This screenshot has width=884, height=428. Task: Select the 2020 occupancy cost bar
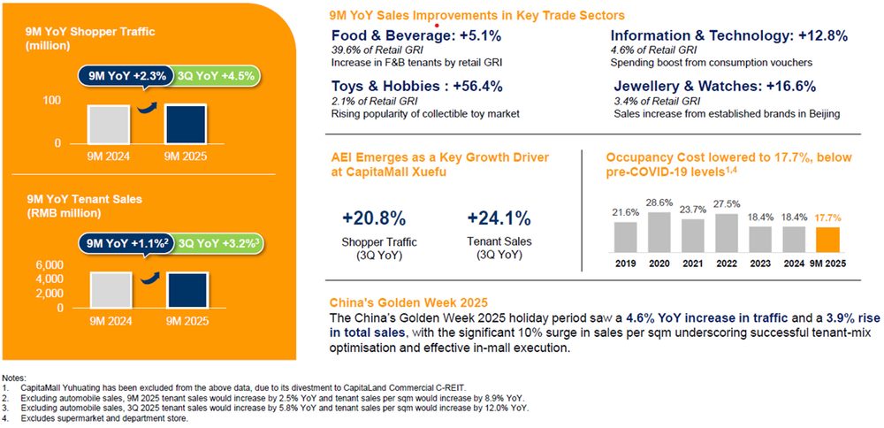click(x=659, y=232)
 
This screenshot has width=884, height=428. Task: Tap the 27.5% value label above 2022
click(x=727, y=203)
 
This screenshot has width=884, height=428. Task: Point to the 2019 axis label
click(x=625, y=264)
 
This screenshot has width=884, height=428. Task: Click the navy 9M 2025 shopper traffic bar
click(x=187, y=125)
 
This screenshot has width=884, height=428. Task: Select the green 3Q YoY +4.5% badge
click(x=215, y=75)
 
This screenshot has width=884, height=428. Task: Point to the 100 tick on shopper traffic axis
click(x=52, y=101)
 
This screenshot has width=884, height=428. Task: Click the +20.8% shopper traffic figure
click(x=373, y=218)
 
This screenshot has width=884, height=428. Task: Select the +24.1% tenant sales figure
click(x=499, y=218)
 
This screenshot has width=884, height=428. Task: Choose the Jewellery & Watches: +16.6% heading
click(x=714, y=87)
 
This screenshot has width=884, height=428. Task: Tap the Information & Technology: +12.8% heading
click(x=729, y=36)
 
